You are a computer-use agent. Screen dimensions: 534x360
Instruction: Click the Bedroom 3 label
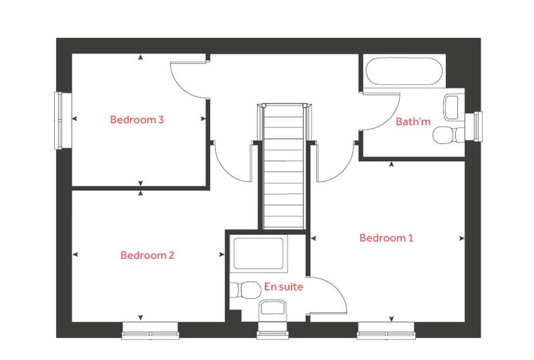click(x=137, y=120)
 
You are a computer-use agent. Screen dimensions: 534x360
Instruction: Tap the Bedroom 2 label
click(x=147, y=255)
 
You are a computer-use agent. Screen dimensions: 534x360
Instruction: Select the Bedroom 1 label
click(x=386, y=238)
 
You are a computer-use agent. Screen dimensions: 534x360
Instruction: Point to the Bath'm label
click(x=412, y=122)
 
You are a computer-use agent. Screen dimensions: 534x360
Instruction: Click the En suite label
click(x=283, y=287)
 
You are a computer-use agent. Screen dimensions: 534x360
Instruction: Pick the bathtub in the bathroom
click(x=404, y=71)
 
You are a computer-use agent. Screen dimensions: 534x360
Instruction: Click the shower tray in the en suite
click(x=259, y=253)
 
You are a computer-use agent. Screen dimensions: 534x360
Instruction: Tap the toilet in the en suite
click(x=245, y=290)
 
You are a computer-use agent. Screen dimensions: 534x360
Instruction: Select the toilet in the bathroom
click(x=448, y=135)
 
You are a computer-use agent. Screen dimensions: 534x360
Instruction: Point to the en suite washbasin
click(x=273, y=309)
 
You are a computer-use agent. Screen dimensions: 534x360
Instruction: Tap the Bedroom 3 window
click(x=59, y=120)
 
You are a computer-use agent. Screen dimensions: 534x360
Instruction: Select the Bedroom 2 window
click(x=150, y=330)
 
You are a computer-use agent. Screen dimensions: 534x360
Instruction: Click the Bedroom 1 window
click(x=386, y=330)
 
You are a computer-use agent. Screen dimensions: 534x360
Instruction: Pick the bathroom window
click(x=474, y=127)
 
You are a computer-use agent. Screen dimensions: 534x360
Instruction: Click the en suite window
click(x=273, y=330)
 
